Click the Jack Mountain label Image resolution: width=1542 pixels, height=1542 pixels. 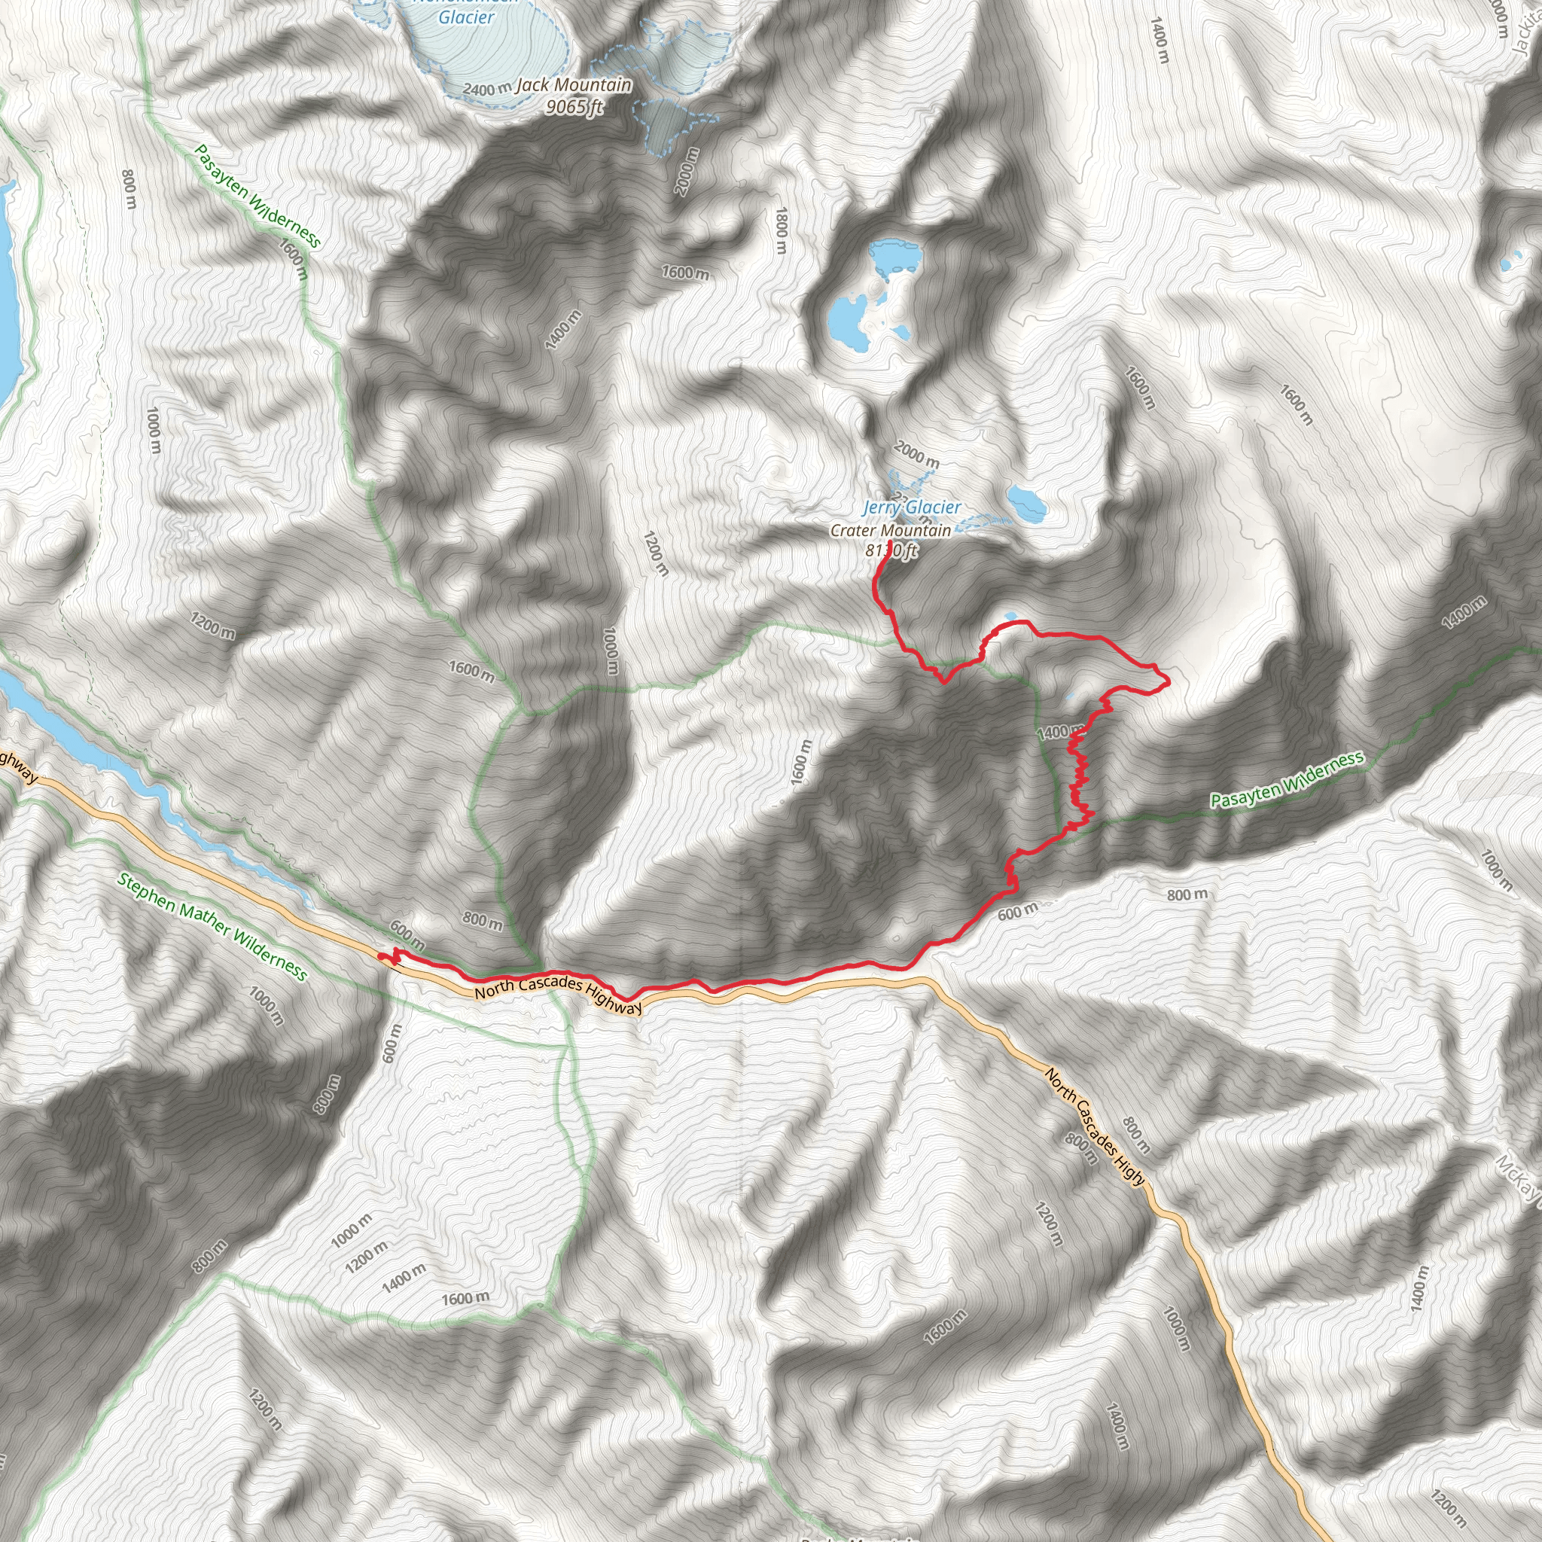coord(573,84)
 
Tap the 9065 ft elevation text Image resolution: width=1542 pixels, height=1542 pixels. coord(574,106)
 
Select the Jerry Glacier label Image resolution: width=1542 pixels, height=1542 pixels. coord(913,507)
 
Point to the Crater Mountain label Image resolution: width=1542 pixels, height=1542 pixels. coord(891,530)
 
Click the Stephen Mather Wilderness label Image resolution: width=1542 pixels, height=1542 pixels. coord(212,926)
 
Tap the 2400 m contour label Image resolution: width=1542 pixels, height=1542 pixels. coord(486,89)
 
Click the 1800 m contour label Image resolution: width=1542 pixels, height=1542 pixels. coord(782,230)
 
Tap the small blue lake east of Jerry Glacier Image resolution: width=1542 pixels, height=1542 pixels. coord(1026,502)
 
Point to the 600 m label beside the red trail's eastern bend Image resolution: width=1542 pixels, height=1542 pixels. coord(1016,912)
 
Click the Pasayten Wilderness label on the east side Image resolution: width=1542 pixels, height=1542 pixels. coord(1287,779)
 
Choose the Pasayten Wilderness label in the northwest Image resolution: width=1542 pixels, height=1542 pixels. coord(258,196)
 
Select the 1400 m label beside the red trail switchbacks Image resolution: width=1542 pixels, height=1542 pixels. coord(1059,731)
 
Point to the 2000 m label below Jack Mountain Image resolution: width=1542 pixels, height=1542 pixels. coord(686,170)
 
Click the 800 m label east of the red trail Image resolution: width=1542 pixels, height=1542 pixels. coord(1187,894)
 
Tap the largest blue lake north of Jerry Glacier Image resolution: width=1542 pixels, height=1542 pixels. coord(849,319)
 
